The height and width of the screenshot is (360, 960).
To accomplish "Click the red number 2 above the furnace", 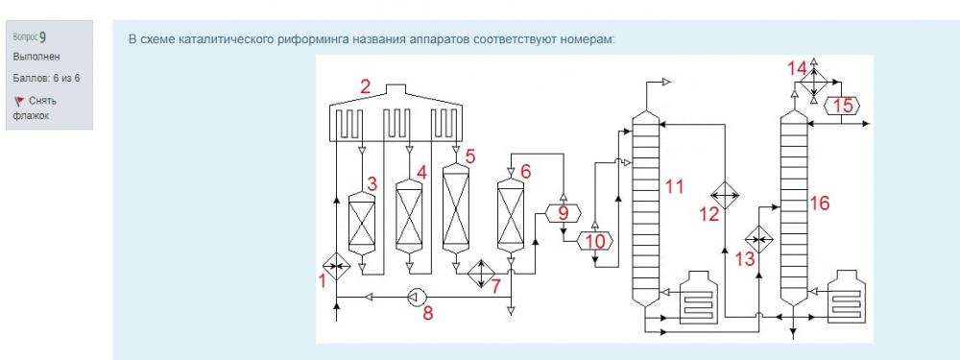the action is [366, 86].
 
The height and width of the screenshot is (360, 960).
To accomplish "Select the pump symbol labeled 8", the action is [415, 298].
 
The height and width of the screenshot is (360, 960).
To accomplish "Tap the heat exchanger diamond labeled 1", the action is [336, 266].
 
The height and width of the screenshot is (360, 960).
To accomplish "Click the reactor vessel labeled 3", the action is [361, 224].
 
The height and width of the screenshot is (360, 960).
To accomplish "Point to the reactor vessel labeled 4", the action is [410, 217].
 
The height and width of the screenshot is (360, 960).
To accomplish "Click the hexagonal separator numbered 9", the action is [564, 214].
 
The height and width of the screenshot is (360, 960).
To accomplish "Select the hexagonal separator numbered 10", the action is [595, 242].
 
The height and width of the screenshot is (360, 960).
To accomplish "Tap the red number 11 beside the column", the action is [674, 187].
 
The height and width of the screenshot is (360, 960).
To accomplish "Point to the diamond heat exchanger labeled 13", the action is [759, 239].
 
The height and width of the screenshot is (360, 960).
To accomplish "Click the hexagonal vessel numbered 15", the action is [842, 106].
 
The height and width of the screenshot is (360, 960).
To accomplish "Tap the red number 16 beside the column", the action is [819, 203].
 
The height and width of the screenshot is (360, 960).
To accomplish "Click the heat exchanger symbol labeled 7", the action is [482, 273].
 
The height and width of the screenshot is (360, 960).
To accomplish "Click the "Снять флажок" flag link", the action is [35, 108].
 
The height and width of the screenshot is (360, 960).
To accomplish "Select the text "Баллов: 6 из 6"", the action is [46, 79].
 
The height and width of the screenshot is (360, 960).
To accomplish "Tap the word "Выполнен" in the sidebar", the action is [36, 57].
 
